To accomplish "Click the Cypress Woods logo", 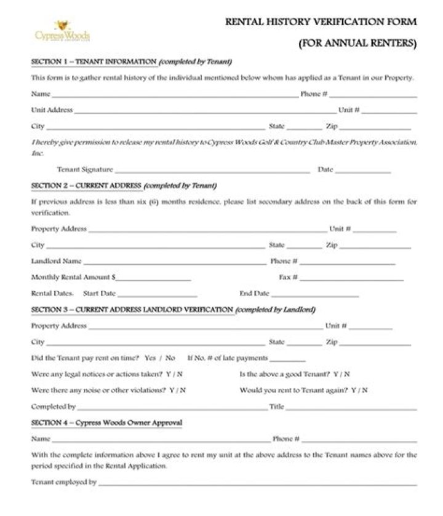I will click(62, 31).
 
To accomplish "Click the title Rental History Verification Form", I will click(321, 21).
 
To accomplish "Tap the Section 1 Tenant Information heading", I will click(131, 62).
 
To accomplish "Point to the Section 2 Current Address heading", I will click(123, 186).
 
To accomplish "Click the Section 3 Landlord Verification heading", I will click(173, 310).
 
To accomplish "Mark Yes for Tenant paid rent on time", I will click(150, 358).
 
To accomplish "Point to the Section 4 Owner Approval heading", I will click(106, 423).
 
